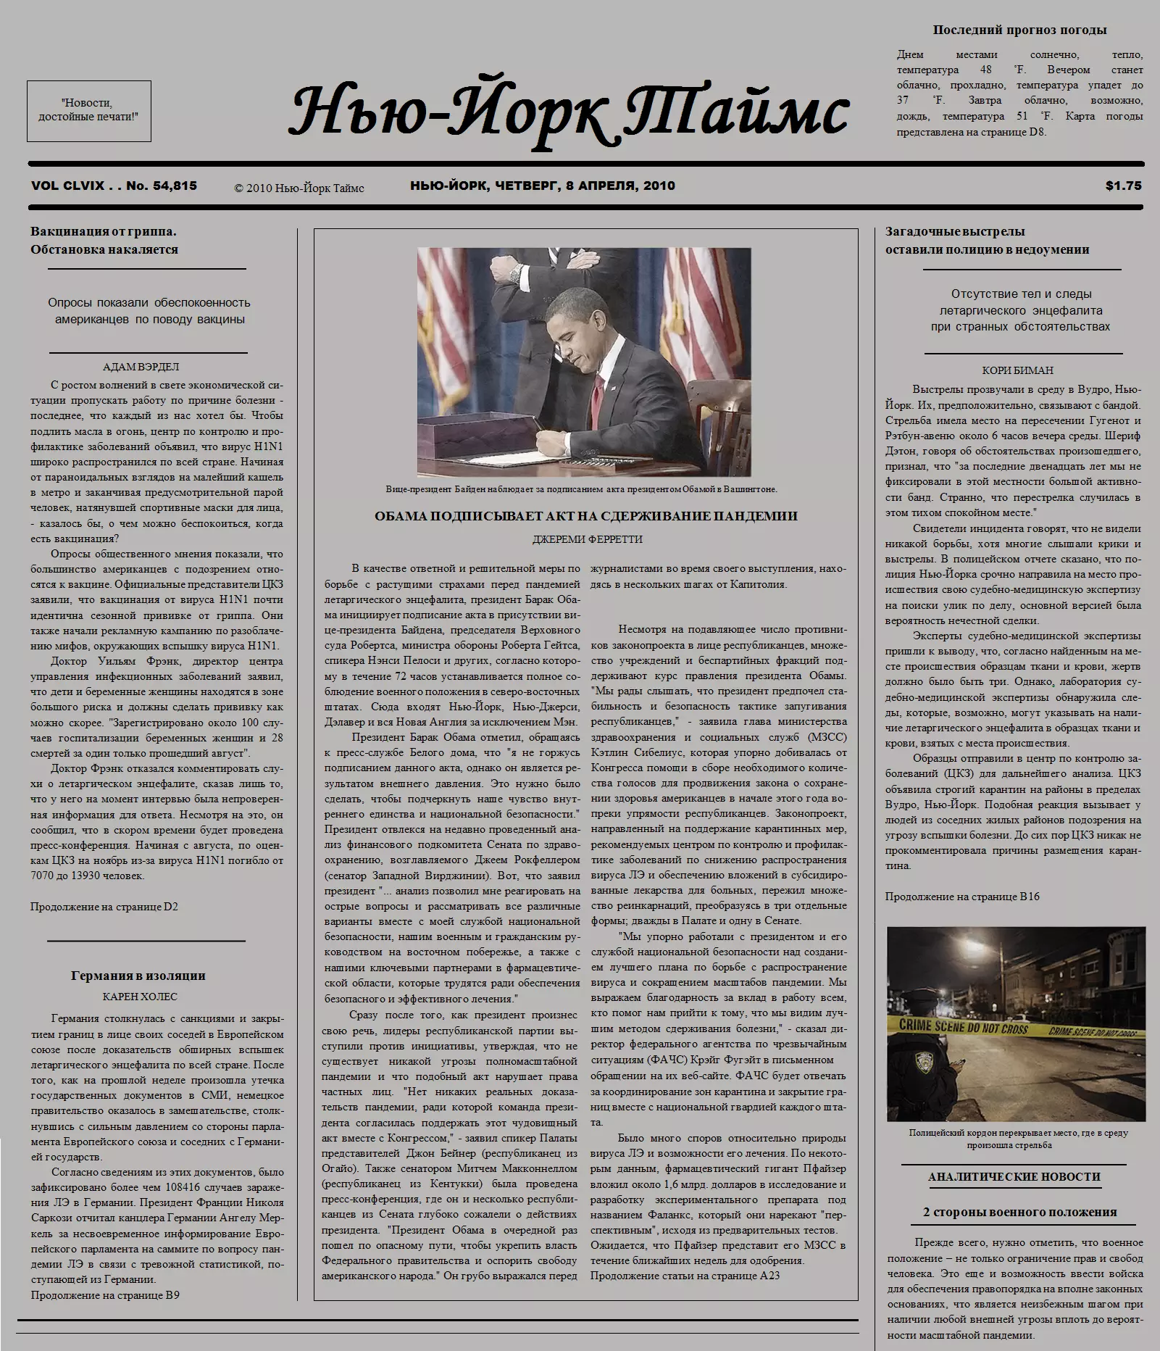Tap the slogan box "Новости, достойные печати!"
[88, 110]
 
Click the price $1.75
[1123, 186]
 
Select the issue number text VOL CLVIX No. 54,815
[114, 186]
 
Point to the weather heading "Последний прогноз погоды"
[1019, 30]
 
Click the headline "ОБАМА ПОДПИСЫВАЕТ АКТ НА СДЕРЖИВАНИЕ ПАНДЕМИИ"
[585, 517]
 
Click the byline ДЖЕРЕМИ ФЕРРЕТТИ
[587, 539]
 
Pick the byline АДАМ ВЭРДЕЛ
[141, 367]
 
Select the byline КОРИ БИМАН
[1017, 370]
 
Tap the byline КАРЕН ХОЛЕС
[140, 997]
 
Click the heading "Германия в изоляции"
[138, 976]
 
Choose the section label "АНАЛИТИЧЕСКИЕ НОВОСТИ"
[1014, 1177]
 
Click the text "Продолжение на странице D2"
[104, 907]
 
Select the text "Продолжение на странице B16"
[961, 897]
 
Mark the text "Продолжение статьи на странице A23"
[685, 1296]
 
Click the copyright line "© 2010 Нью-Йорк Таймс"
[299, 188]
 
